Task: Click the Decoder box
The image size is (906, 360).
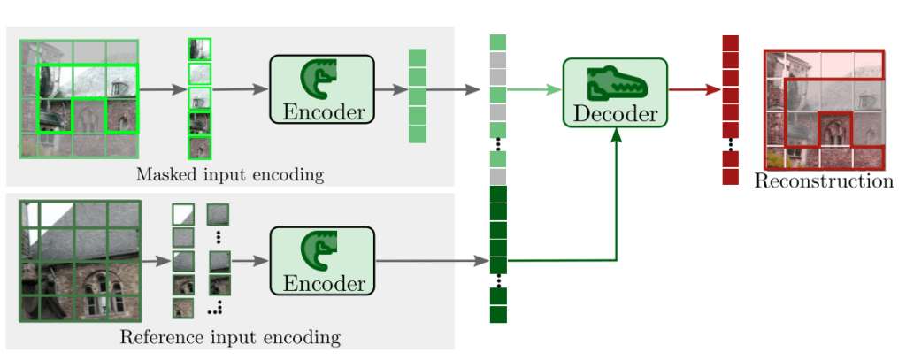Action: click(615, 92)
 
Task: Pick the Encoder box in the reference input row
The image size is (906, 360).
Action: click(322, 261)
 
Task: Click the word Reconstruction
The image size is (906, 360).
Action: click(824, 181)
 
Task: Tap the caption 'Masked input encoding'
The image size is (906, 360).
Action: click(230, 174)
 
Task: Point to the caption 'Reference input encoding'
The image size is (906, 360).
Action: click(230, 337)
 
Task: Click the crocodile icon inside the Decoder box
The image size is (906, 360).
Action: click(616, 81)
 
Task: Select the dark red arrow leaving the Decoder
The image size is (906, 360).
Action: click(694, 88)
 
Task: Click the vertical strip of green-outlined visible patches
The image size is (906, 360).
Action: click(200, 97)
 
